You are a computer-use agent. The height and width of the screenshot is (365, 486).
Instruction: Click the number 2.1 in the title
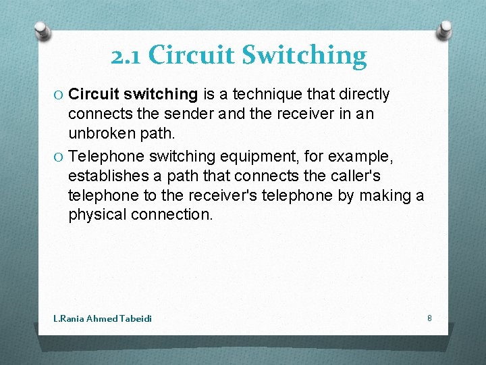126,55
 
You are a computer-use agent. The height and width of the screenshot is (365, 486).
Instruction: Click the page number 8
429,318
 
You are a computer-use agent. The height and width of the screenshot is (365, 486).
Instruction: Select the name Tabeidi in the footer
136,318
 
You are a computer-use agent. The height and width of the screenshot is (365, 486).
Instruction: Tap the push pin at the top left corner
43,30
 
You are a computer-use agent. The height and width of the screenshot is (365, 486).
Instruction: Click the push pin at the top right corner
446,29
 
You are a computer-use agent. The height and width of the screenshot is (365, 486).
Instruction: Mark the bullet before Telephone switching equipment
59,156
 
